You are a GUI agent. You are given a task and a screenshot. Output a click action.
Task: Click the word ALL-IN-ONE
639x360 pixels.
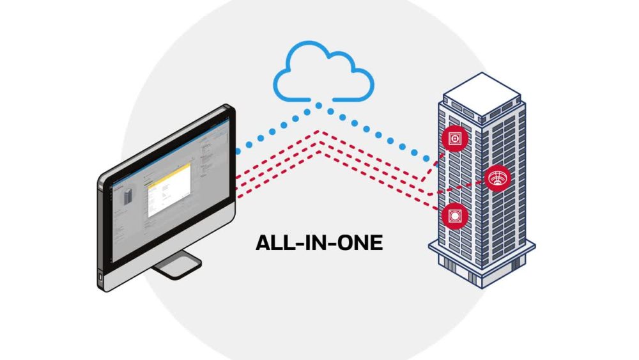[x=319, y=243]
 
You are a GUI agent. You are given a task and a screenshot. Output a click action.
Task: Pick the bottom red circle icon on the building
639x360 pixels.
[x=454, y=216]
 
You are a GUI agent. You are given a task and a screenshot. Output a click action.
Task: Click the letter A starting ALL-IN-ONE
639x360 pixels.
[x=262, y=243]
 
